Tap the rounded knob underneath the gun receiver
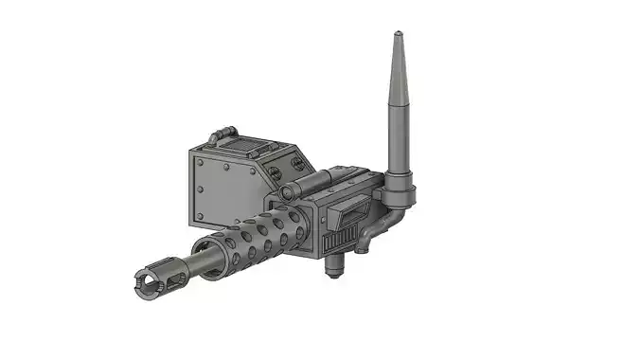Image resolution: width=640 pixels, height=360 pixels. point(332,268)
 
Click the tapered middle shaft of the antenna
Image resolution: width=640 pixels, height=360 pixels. point(397,114)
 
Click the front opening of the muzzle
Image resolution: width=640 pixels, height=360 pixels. point(143,280)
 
